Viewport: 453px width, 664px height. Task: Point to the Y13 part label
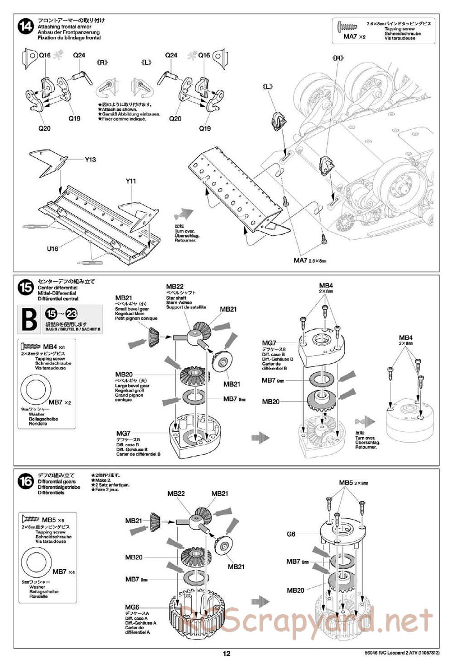tap(90, 160)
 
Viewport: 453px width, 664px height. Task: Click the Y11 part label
tap(131, 181)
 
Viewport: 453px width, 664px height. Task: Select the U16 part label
tap(53, 249)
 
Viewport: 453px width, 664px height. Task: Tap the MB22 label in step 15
tap(174, 287)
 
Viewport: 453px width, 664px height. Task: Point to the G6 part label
tap(291, 534)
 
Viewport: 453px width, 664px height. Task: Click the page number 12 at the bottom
tap(226, 654)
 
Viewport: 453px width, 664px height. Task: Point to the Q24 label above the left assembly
tap(79, 55)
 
